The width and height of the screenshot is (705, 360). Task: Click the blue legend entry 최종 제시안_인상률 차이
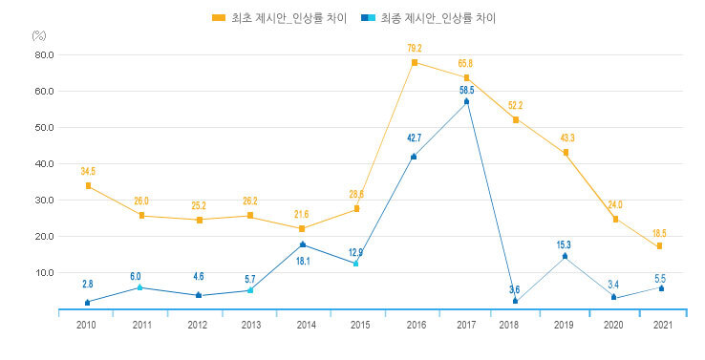click(436, 17)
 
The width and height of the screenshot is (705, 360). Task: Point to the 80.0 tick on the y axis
click(45, 54)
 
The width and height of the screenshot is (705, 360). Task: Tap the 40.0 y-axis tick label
click(45, 163)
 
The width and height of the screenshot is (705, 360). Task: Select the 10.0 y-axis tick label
click(45, 272)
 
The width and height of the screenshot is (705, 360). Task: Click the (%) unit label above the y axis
click(38, 34)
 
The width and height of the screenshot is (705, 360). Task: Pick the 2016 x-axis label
click(415, 326)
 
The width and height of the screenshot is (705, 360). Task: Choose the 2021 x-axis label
click(660, 326)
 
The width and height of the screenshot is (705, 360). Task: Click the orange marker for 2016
click(415, 62)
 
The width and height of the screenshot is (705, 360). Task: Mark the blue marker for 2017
click(466, 100)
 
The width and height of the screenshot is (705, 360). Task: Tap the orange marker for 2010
click(88, 185)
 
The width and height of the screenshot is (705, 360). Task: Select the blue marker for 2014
click(303, 244)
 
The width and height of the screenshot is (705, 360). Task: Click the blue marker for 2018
click(516, 301)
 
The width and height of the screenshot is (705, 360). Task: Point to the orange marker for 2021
click(660, 245)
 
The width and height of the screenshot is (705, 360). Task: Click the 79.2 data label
click(415, 46)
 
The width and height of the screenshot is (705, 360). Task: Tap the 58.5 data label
click(466, 90)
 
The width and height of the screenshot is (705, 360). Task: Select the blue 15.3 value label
click(564, 245)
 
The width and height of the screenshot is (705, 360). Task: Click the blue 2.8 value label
click(88, 284)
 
